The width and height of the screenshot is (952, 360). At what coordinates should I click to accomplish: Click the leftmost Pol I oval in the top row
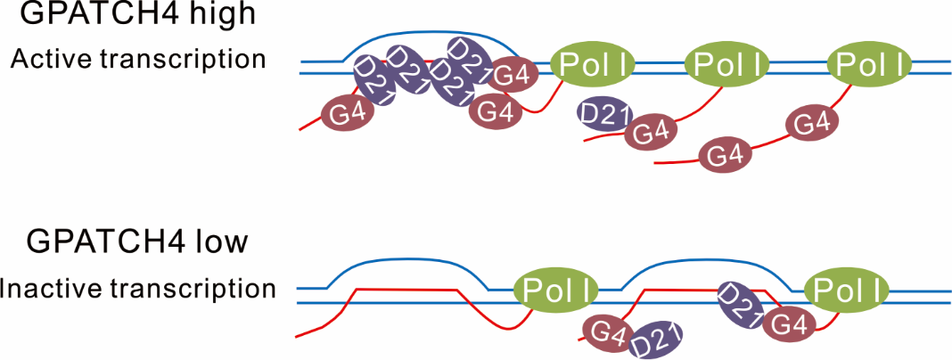point(593,64)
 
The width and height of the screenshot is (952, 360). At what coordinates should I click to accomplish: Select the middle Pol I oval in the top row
point(727,64)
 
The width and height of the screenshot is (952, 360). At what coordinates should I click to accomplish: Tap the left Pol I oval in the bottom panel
point(556,290)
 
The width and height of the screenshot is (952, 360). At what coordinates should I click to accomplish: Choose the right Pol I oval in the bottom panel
point(846,290)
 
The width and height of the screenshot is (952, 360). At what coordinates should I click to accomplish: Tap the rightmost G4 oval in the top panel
point(813,125)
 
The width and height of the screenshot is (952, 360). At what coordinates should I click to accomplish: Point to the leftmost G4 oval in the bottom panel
point(609,333)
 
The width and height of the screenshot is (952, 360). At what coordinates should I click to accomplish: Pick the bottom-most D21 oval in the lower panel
point(656,340)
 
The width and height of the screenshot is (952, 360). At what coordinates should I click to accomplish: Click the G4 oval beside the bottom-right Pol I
point(789,324)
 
